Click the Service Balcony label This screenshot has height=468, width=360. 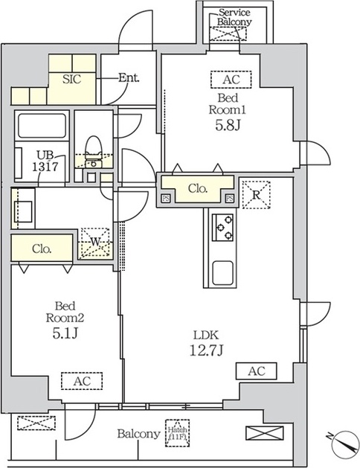pyautogui.click(x=234, y=17)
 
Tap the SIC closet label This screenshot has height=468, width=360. pyautogui.click(x=71, y=78)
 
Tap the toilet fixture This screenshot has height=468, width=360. pyautogui.click(x=93, y=147)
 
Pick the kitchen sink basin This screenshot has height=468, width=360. pyautogui.click(x=222, y=272)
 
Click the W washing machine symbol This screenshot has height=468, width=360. pyautogui.click(x=94, y=242)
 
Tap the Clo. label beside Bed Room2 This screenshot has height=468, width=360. pyautogui.click(x=41, y=249)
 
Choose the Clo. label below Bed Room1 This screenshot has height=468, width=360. pyautogui.click(x=196, y=189)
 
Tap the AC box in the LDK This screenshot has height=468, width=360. pyautogui.click(x=256, y=370)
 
